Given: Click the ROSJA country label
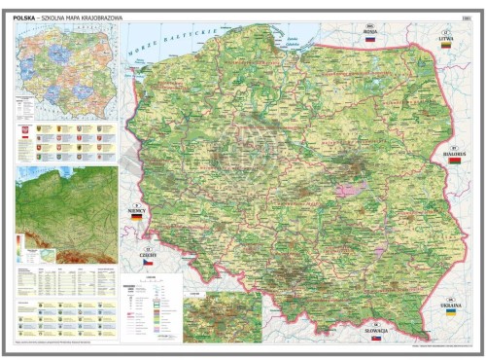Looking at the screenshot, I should [368, 30].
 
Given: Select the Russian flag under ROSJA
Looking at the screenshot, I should [368, 41].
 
